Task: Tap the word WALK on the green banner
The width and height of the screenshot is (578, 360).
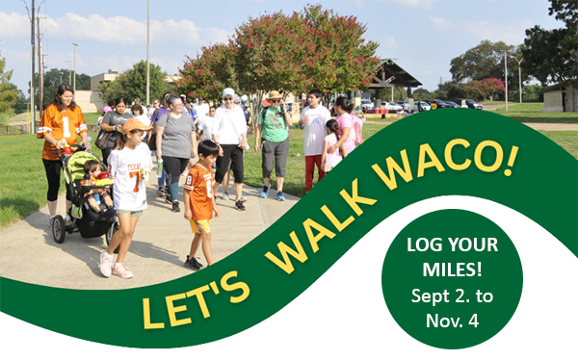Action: pos(319,222)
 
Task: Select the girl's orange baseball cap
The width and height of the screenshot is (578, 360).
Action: pos(136,125)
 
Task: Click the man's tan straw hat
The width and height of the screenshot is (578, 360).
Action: pos(275,95)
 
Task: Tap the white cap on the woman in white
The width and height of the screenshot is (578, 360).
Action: pos(228,93)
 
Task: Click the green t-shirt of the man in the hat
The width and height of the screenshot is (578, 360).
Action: pos(274,123)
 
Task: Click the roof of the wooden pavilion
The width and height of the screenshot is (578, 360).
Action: pos(396,72)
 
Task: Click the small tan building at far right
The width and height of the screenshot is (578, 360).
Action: pos(560,97)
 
